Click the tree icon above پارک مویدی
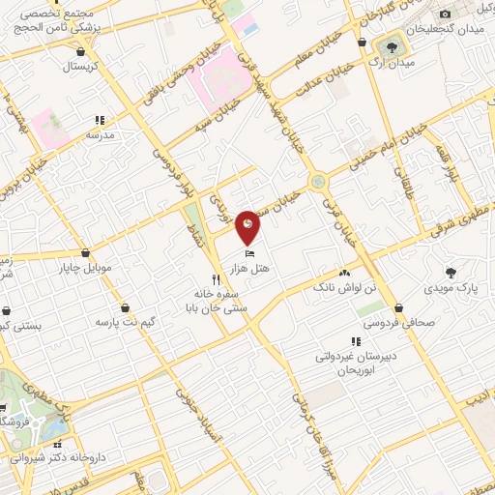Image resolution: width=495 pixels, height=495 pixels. tap(451, 273)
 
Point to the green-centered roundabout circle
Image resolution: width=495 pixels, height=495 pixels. tap(317, 181)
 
